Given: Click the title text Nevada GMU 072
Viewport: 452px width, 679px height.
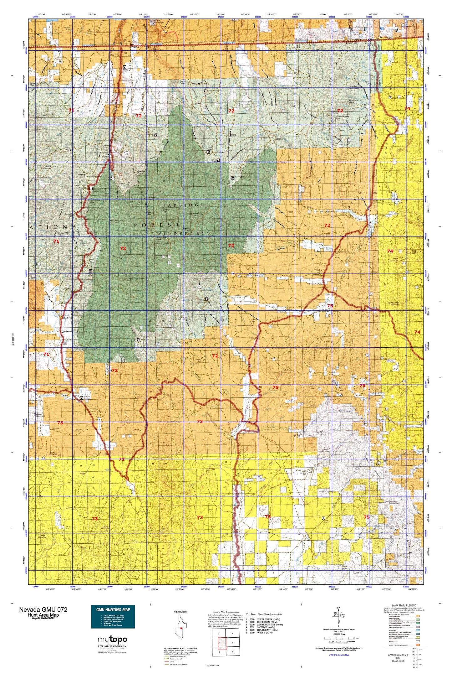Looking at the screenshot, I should (x=43, y=609).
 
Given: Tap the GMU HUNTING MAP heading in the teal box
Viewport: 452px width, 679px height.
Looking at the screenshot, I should (x=113, y=609).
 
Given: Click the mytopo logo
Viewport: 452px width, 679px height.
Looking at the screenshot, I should (x=112, y=640).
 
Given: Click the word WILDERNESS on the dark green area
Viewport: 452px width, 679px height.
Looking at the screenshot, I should (x=183, y=233).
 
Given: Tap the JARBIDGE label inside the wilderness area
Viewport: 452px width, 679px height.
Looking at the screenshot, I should (x=184, y=205).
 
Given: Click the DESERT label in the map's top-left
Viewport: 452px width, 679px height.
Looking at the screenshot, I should (x=54, y=62).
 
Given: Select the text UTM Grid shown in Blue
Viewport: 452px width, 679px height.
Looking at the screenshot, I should (x=339, y=655).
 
